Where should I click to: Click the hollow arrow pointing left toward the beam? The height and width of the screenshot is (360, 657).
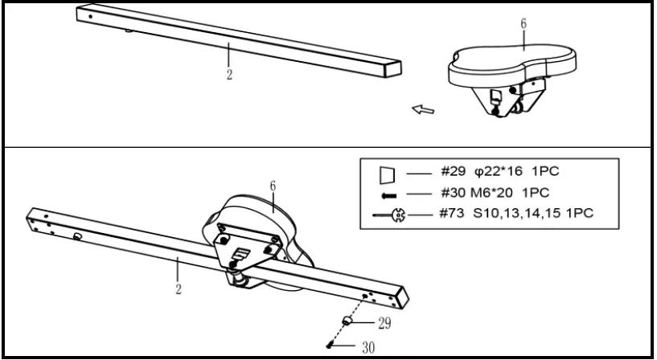[x=423, y=108]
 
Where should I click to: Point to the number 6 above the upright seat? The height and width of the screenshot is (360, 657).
[x=524, y=24]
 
